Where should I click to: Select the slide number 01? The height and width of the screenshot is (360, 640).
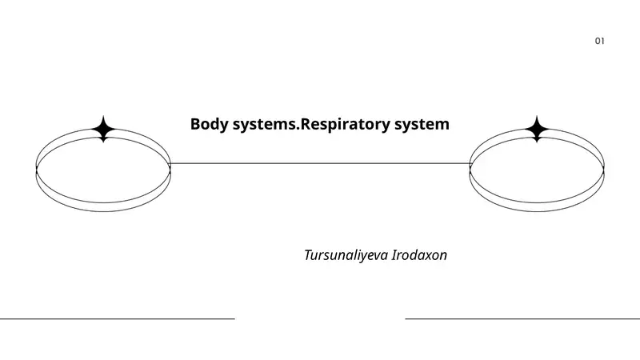click(599, 41)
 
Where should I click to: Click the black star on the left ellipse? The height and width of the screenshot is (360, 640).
click(103, 129)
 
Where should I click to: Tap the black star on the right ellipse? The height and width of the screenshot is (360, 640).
click(537, 129)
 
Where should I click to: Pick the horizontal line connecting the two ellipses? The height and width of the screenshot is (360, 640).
click(320, 163)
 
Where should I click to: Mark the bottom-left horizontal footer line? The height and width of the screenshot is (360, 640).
click(117, 318)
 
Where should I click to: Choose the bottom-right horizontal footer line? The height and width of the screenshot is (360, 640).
click(522, 318)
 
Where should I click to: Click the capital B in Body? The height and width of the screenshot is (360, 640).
click(195, 125)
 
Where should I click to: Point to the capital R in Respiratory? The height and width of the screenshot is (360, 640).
click(303, 125)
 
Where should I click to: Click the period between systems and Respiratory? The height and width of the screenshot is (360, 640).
click(296, 129)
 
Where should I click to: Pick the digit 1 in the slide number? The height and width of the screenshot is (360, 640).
click(603, 41)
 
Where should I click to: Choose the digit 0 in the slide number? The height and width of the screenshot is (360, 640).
click(597, 41)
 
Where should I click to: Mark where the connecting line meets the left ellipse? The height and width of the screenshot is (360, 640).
click(170, 163)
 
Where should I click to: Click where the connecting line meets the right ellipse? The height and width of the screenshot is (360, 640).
click(470, 163)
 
